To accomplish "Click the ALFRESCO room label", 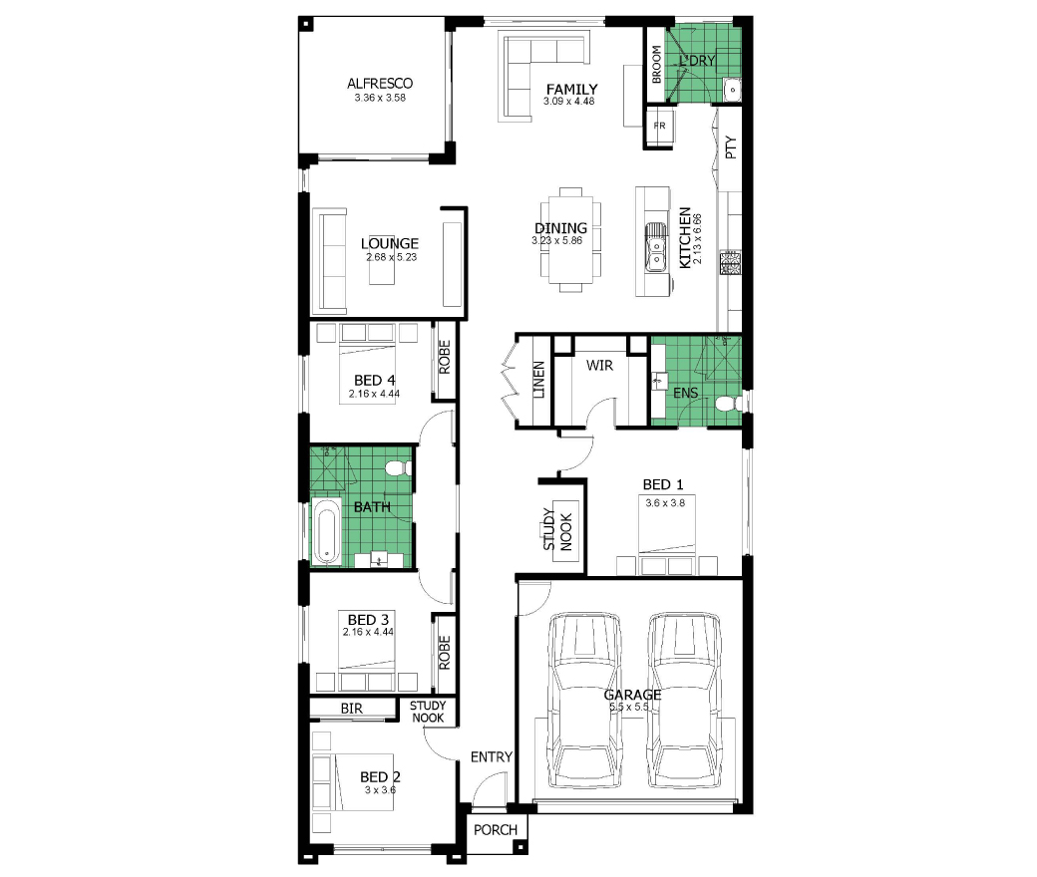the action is (380, 84).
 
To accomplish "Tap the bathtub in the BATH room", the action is (325, 531).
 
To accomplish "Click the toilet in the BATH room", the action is (398, 468).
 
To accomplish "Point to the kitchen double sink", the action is (655, 246).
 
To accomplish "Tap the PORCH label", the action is (496, 829).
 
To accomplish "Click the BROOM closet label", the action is (656, 64).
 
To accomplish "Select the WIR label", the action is (599, 365).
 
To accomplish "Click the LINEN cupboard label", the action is (539, 380).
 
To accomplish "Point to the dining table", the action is (570, 239).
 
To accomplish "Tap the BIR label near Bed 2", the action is (351, 708).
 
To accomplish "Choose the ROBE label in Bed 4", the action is (444, 357).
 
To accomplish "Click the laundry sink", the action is (732, 90).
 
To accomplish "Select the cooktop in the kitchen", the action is (730, 262).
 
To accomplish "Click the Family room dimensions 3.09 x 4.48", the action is (568, 101).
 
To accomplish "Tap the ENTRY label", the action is (492, 756).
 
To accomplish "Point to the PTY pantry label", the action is (730, 147).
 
